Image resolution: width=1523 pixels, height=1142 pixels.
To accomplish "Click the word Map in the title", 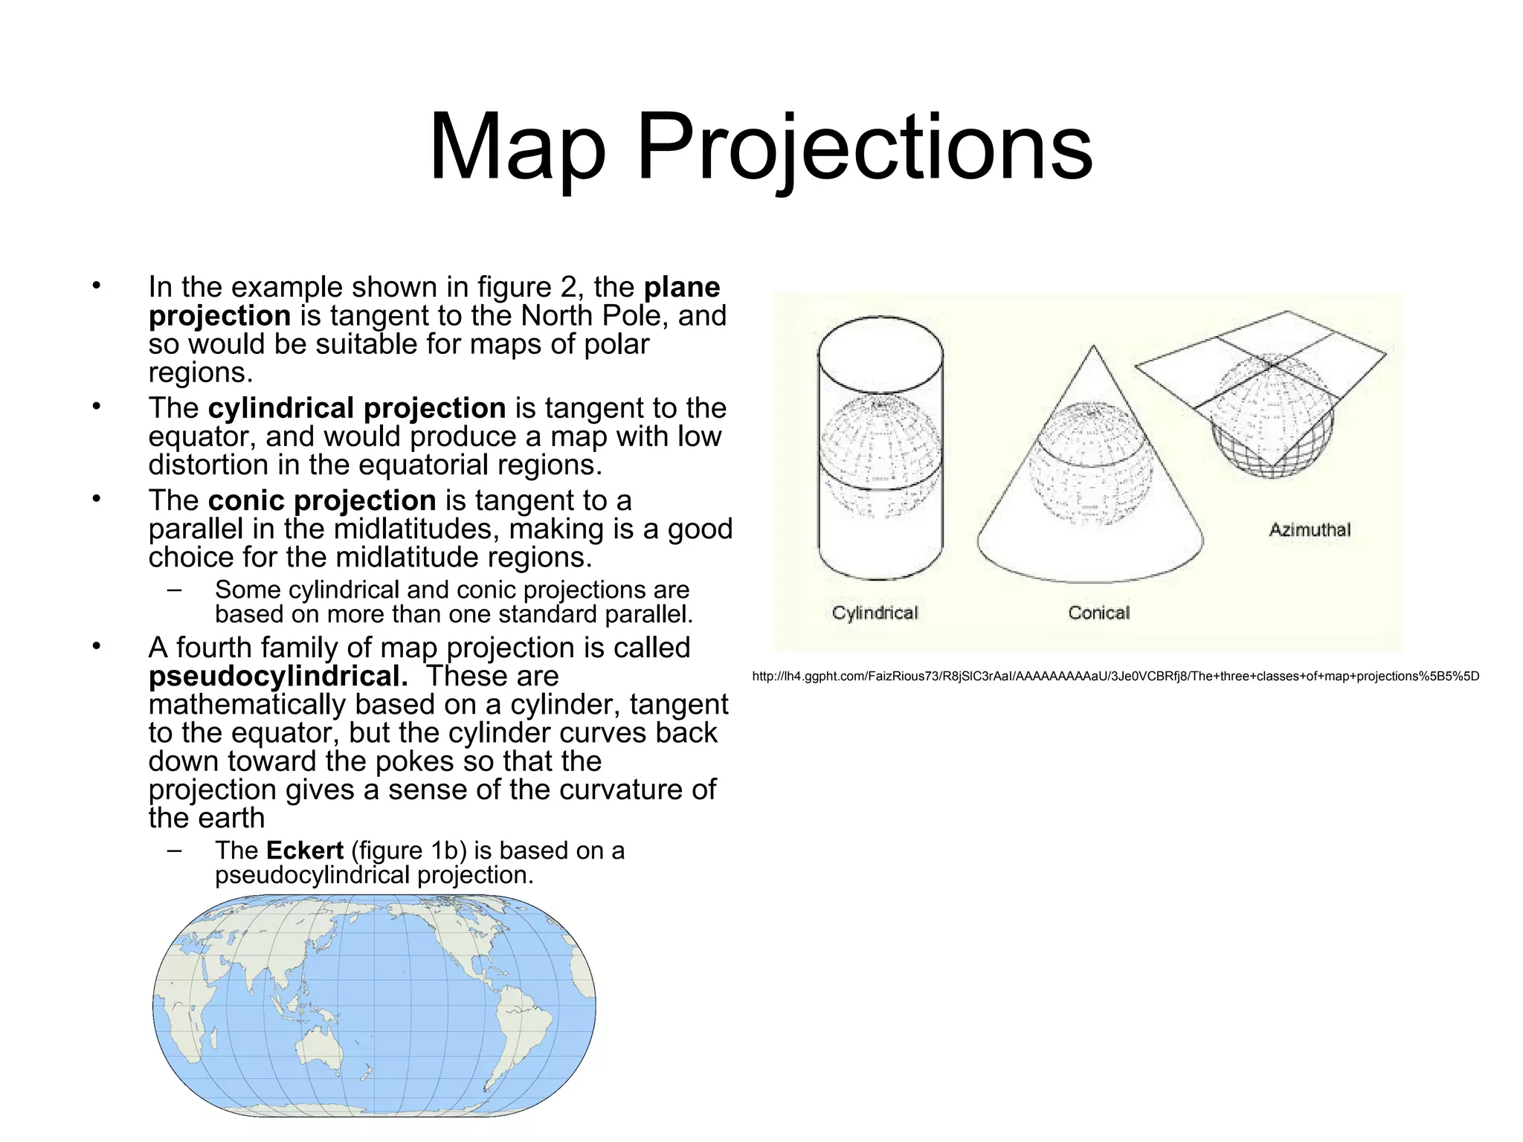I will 518,146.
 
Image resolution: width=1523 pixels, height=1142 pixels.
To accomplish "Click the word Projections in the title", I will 865,146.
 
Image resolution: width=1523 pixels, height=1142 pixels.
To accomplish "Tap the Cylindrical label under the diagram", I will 875,613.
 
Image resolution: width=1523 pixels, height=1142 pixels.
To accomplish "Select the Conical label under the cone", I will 1098,613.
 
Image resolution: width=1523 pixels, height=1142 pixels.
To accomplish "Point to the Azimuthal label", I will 1310,530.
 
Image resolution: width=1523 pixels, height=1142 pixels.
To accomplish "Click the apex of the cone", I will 1093,346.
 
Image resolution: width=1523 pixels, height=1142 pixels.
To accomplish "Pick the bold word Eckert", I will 305,851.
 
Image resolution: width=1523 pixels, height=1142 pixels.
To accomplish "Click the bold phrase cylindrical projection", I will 357,408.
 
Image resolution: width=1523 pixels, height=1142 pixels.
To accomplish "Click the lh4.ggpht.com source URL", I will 1115,677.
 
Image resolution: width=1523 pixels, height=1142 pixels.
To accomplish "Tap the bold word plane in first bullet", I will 682,287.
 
